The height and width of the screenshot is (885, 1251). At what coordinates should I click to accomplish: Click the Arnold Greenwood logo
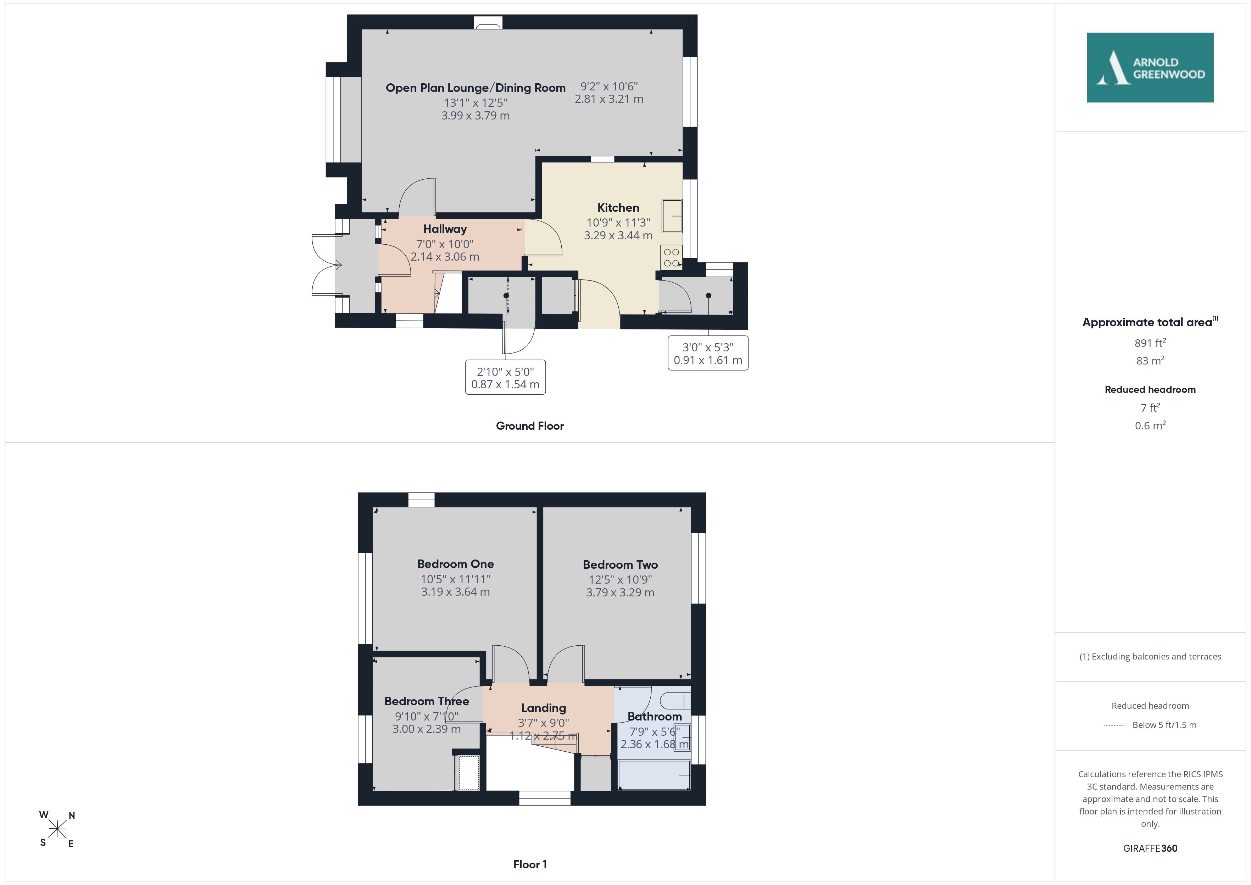click(1150, 68)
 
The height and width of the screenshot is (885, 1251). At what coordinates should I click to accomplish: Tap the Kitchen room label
click(618, 208)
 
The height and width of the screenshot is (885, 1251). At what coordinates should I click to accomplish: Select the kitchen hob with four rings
click(671, 257)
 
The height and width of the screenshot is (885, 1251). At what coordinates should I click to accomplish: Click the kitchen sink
click(672, 216)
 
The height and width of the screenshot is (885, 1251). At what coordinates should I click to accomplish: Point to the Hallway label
click(445, 229)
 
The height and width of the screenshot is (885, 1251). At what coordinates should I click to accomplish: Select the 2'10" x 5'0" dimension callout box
click(506, 377)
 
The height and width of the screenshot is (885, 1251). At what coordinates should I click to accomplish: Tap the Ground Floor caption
click(530, 426)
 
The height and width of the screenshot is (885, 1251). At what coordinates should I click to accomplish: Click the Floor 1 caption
click(530, 864)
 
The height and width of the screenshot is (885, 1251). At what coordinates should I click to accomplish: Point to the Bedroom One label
click(456, 564)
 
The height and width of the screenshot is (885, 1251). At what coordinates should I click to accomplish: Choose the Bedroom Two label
click(620, 564)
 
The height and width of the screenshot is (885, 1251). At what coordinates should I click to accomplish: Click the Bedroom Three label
click(427, 701)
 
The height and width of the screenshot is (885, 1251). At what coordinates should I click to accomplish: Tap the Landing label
click(543, 708)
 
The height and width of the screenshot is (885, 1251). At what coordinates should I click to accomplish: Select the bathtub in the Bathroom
click(654, 775)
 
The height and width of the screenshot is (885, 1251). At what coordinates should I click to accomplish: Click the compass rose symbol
click(57, 829)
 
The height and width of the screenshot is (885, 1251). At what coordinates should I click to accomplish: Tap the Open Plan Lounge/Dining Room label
click(476, 88)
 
